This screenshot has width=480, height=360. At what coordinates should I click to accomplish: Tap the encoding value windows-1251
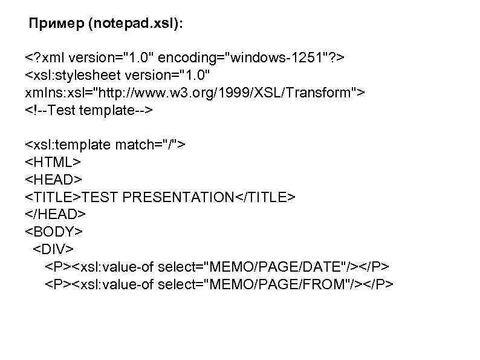(x=284, y=59)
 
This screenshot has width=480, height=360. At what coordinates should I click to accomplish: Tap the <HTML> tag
(x=53, y=162)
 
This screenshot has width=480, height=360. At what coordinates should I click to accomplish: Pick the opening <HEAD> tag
(x=53, y=180)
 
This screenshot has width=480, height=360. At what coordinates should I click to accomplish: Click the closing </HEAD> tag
(x=56, y=214)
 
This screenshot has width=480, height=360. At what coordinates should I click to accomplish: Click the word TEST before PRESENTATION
(x=98, y=197)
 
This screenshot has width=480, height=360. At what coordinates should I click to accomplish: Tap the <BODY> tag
(x=54, y=231)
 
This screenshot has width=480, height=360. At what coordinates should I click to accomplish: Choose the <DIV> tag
(x=53, y=249)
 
